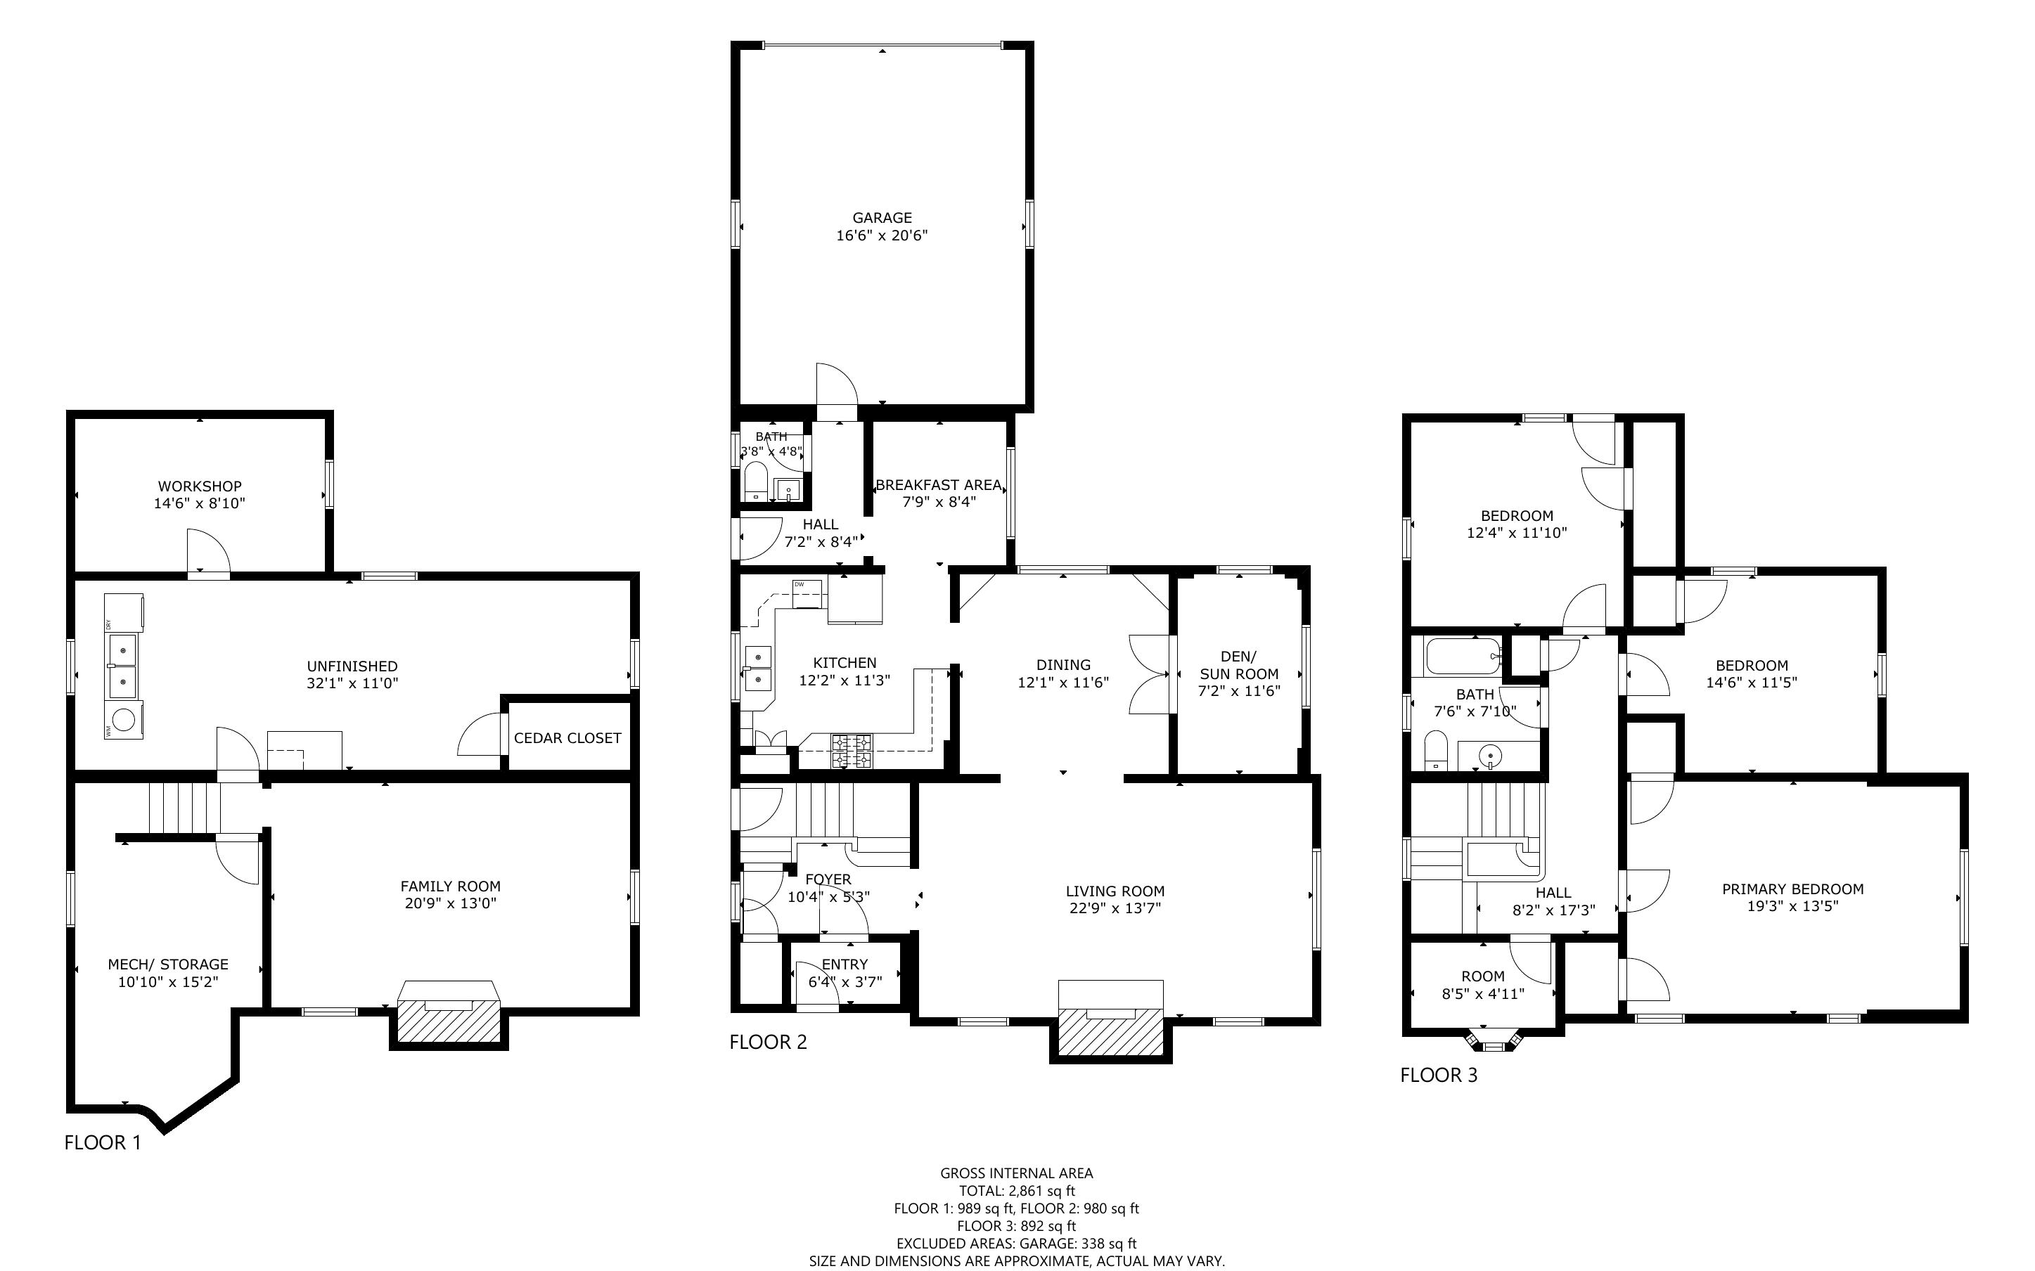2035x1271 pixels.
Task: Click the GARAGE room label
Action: (x=882, y=218)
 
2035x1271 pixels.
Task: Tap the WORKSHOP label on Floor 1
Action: (x=200, y=486)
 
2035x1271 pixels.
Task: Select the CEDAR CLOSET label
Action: (x=567, y=738)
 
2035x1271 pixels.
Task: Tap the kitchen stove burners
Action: (x=852, y=751)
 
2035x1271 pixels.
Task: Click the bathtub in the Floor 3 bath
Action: (x=1463, y=656)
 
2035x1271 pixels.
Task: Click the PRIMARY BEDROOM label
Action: (x=1793, y=889)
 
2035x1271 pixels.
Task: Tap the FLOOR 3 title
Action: (x=1438, y=1075)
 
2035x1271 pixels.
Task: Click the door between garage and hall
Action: (x=836, y=392)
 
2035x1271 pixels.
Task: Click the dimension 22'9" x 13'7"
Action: (x=1115, y=908)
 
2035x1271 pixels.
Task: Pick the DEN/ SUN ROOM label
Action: (x=1239, y=665)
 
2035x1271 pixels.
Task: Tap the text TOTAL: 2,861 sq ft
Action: (x=1017, y=1190)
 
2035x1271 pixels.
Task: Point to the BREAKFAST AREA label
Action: (x=939, y=485)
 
